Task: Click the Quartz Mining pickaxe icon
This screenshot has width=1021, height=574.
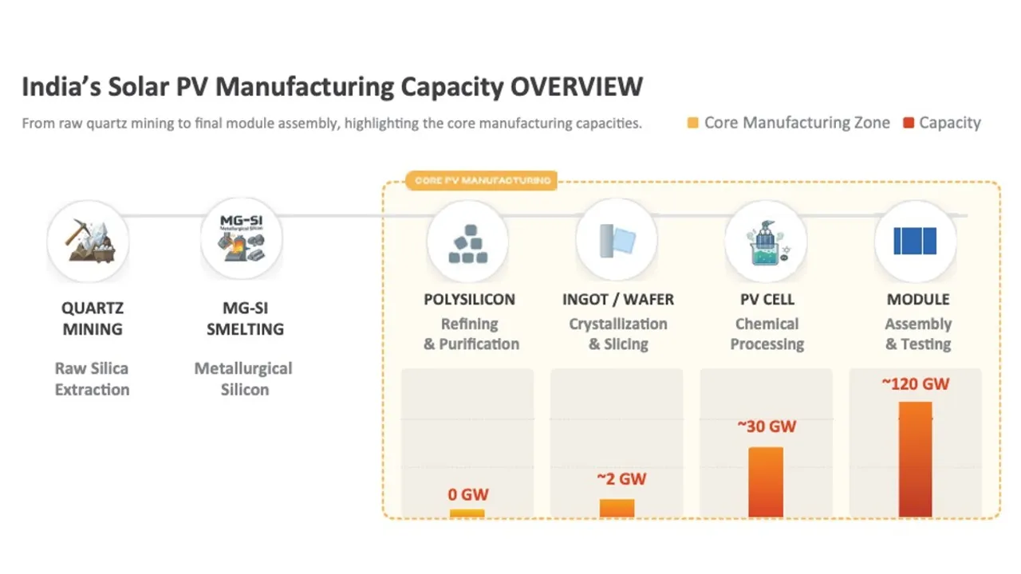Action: pyautogui.click(x=88, y=240)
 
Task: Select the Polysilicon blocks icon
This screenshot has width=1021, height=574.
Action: pyautogui.click(x=468, y=241)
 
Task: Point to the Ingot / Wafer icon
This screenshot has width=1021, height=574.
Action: pyautogui.click(x=617, y=240)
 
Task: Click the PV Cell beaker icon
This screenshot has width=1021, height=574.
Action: pyautogui.click(x=765, y=241)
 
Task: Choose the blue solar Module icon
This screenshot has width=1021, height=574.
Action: pyautogui.click(x=915, y=241)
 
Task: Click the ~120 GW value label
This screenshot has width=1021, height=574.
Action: pyautogui.click(x=915, y=383)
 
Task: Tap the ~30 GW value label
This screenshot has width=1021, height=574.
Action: pyautogui.click(x=767, y=427)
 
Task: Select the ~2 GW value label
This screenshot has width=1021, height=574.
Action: pyautogui.click(x=621, y=479)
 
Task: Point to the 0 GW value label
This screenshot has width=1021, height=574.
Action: pyautogui.click(x=467, y=494)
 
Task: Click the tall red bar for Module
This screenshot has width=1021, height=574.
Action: pyautogui.click(x=915, y=459)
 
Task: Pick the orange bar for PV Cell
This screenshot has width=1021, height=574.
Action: pyautogui.click(x=766, y=482)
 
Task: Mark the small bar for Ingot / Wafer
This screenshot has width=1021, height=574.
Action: pyautogui.click(x=617, y=508)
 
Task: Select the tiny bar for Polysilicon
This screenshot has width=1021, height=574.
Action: pyautogui.click(x=467, y=513)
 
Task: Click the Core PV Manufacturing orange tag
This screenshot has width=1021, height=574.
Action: pyautogui.click(x=482, y=181)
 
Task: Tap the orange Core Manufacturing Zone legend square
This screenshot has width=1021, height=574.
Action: pyautogui.click(x=692, y=124)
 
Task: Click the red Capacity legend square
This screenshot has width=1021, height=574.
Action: pyautogui.click(x=908, y=124)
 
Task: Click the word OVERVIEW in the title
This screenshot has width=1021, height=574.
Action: pyautogui.click(x=576, y=86)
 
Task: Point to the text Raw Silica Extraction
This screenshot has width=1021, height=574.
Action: pyautogui.click(x=92, y=379)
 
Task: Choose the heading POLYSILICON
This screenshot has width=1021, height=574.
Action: pyautogui.click(x=469, y=300)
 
